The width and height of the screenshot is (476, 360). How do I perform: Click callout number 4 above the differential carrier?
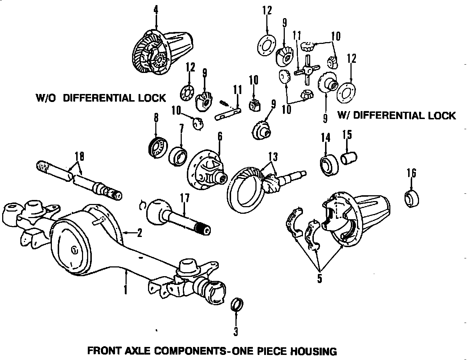(x=156, y=10)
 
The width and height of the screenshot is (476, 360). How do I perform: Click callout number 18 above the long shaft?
(x=79, y=157)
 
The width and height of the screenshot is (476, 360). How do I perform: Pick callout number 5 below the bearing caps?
(x=319, y=279)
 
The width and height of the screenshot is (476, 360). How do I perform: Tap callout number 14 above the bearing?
(x=325, y=138)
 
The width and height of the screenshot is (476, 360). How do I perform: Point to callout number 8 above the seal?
(x=156, y=118)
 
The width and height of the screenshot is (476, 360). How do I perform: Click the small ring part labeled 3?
(x=237, y=304)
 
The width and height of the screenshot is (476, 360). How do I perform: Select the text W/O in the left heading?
(x=46, y=98)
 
